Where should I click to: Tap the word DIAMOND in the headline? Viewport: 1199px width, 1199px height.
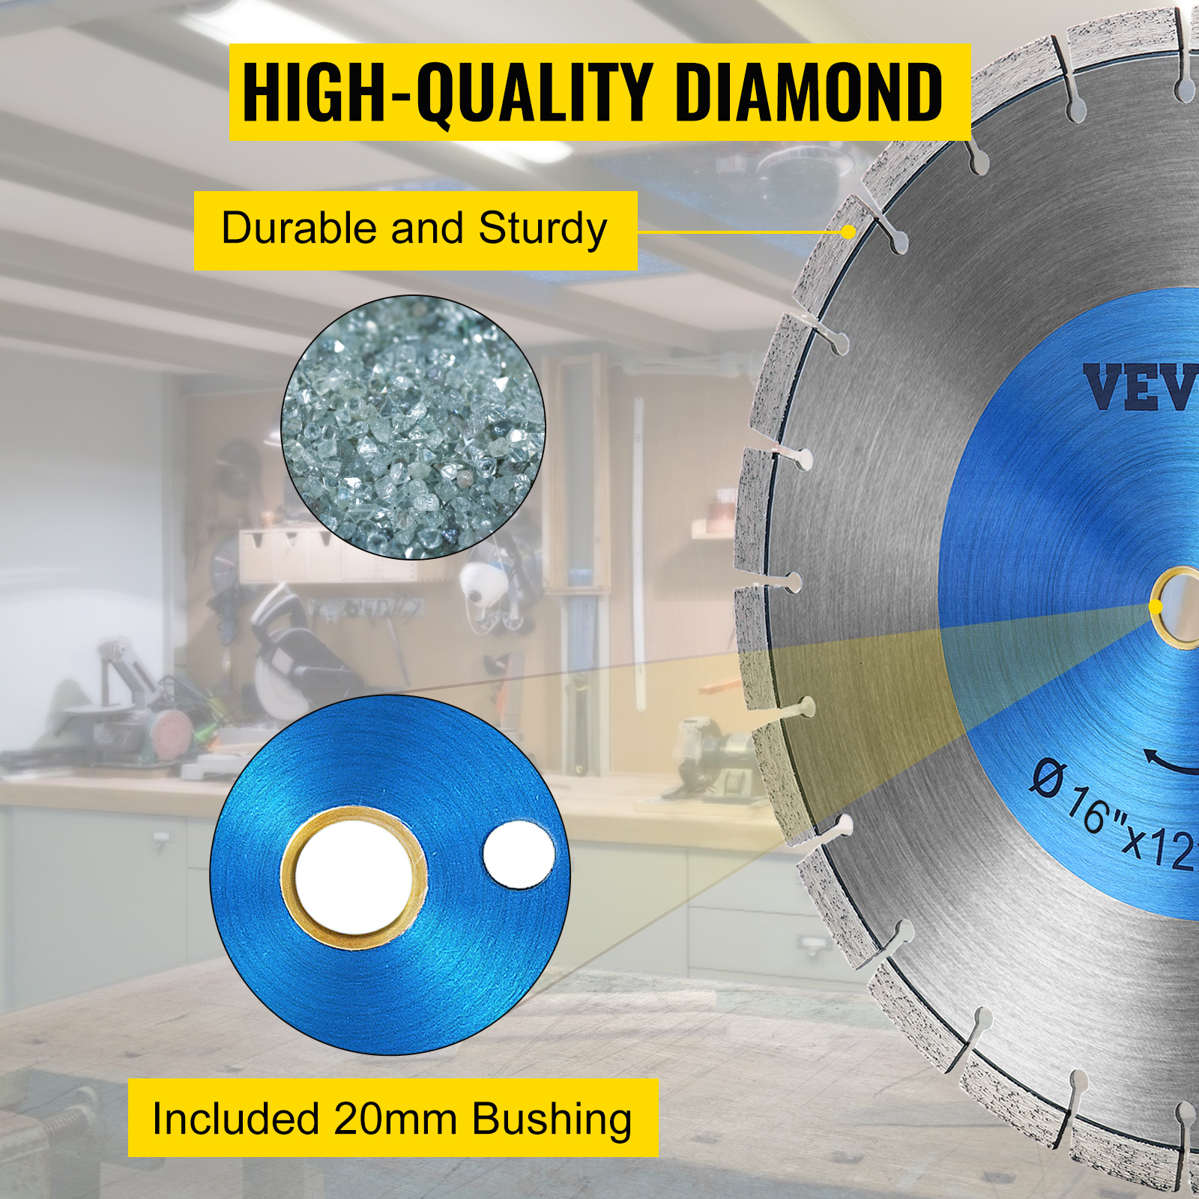(x=809, y=92)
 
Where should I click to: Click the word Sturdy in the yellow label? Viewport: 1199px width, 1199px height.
(x=543, y=229)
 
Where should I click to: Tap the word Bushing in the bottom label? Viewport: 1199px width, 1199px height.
(x=552, y=1120)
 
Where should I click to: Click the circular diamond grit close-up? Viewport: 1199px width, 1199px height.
(x=413, y=427)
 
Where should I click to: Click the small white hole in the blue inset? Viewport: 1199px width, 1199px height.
(x=519, y=856)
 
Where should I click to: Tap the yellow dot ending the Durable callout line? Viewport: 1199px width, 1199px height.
(x=848, y=232)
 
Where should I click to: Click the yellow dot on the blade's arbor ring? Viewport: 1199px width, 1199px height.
(x=1156, y=605)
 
